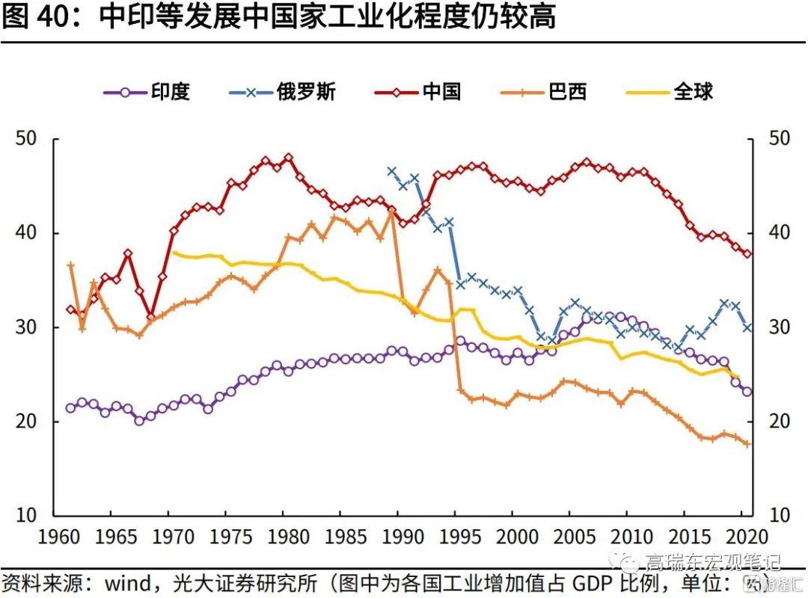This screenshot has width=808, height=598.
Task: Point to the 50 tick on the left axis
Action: pyautogui.click(x=27, y=139)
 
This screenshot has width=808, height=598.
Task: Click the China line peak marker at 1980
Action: pyautogui.click(x=288, y=158)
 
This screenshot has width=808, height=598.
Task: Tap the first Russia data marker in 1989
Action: pyautogui.click(x=391, y=171)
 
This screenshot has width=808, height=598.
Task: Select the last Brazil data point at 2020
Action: pyautogui.click(x=747, y=444)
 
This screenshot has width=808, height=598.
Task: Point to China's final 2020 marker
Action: pyautogui.click(x=747, y=253)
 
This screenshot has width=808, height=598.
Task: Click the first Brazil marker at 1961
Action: pyautogui.click(x=70, y=265)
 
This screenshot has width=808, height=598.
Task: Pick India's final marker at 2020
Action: pyautogui.click(x=747, y=391)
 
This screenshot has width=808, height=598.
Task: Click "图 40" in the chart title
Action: pyautogui.click(x=38, y=17)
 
